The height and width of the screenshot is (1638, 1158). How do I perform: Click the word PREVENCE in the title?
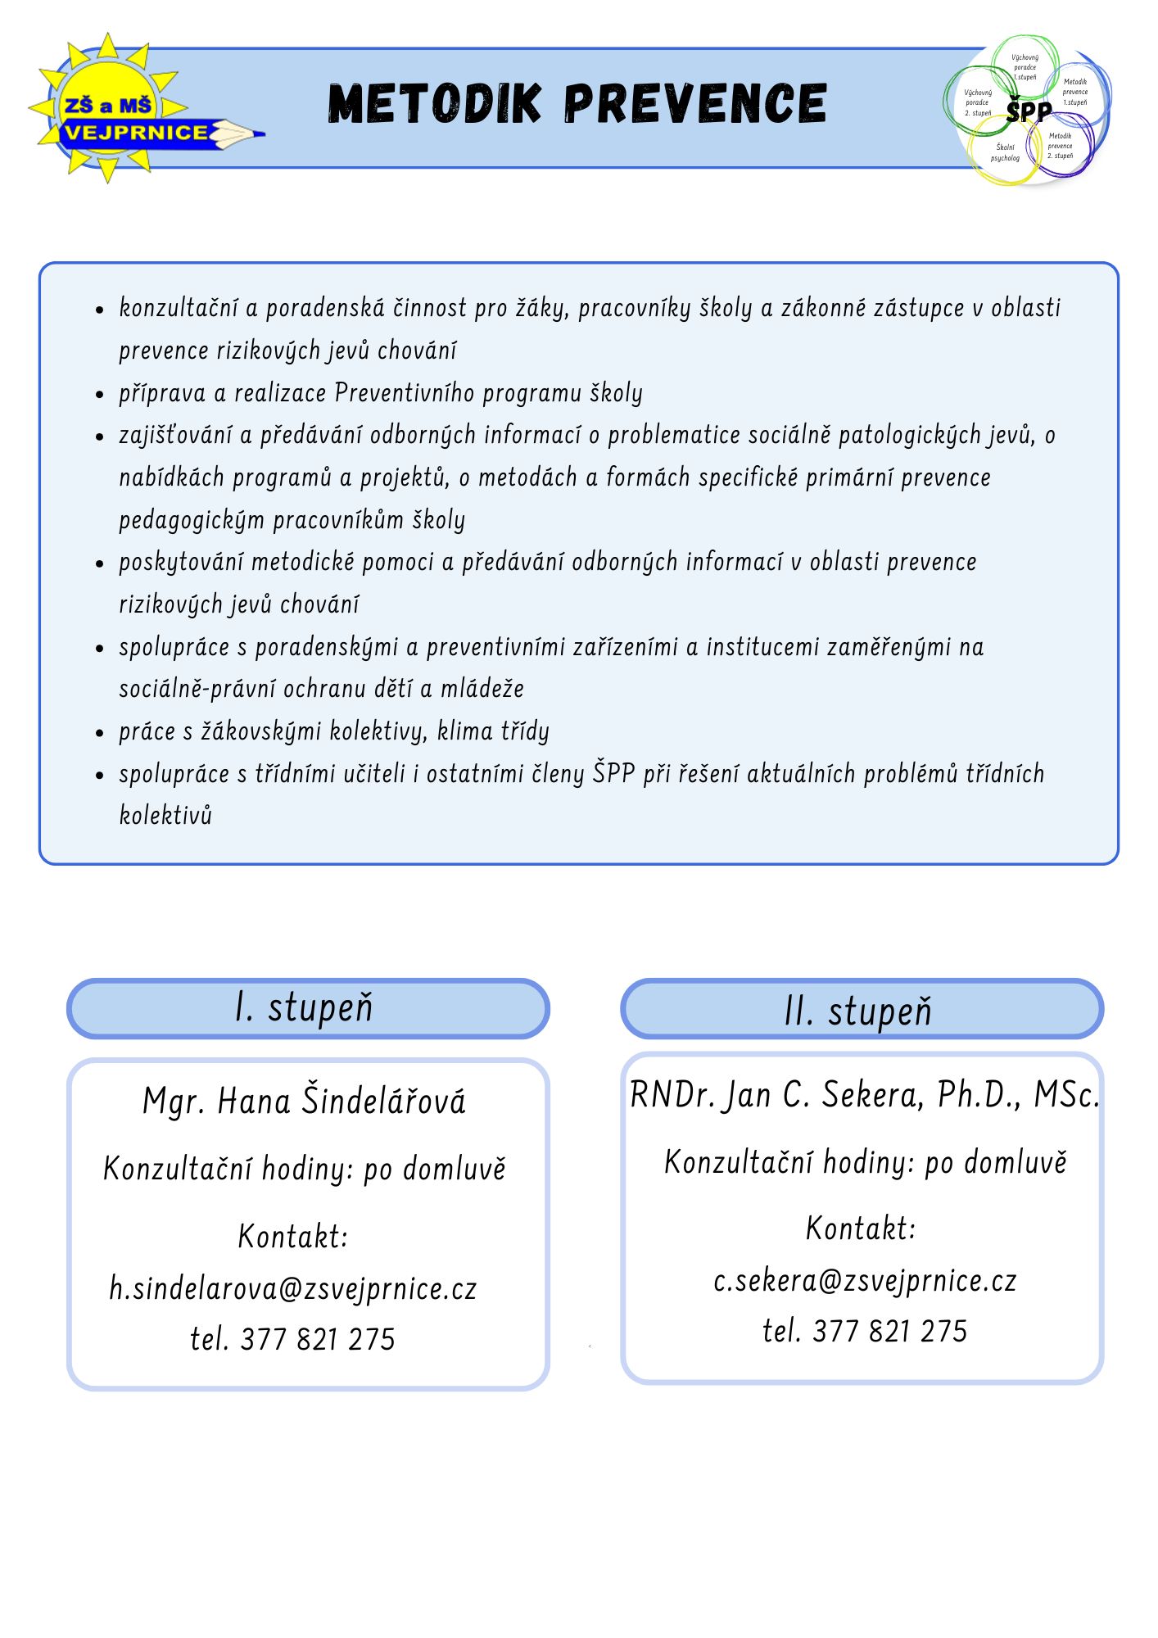tap(695, 103)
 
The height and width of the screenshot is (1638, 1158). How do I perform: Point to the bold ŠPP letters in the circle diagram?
tap(1029, 111)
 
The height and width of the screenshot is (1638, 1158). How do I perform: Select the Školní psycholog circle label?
tap(1005, 152)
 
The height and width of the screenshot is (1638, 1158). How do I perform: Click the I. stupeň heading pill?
tap(307, 1007)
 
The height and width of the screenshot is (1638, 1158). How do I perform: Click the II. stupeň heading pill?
tap(861, 1010)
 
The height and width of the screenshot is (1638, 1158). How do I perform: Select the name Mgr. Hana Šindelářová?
tap(304, 1100)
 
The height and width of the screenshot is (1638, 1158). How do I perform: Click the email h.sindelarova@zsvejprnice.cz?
tap(293, 1288)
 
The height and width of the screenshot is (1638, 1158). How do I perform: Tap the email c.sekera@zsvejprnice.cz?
tap(865, 1280)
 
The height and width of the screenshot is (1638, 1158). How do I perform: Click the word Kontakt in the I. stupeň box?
tap(293, 1236)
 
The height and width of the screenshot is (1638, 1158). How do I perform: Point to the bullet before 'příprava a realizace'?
tap(100, 394)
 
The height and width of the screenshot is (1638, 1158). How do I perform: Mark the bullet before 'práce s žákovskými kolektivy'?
tap(100, 732)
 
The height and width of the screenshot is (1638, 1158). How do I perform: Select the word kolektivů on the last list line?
tap(165, 815)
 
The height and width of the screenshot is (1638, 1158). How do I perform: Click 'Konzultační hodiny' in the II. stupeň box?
tap(789, 1162)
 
